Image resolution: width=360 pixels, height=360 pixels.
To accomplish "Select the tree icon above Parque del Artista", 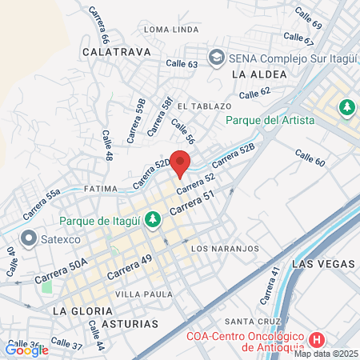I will pyautogui.click(x=346, y=106).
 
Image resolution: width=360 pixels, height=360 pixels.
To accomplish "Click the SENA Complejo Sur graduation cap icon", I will pyautogui.click(x=215, y=58).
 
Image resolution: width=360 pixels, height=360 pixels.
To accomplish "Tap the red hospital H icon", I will pyautogui.click(x=317, y=338).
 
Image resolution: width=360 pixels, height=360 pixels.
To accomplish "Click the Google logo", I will pyautogui.click(x=26, y=350).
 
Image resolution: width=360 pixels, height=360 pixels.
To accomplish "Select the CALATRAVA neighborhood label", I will pyautogui.click(x=112, y=50).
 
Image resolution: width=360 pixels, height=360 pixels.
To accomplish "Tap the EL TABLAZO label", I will pyautogui.click(x=204, y=106).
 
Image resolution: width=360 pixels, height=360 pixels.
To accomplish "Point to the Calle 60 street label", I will pyautogui.click(x=310, y=158).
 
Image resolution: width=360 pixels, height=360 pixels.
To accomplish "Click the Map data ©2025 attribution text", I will pyautogui.click(x=326, y=354).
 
